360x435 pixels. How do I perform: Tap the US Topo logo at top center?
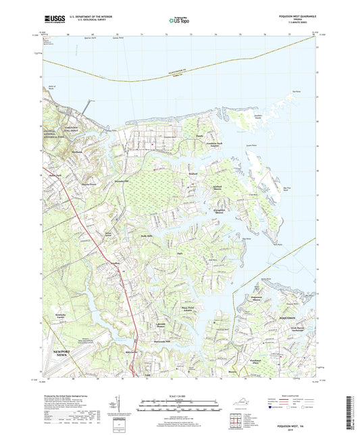[x=179, y=21]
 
